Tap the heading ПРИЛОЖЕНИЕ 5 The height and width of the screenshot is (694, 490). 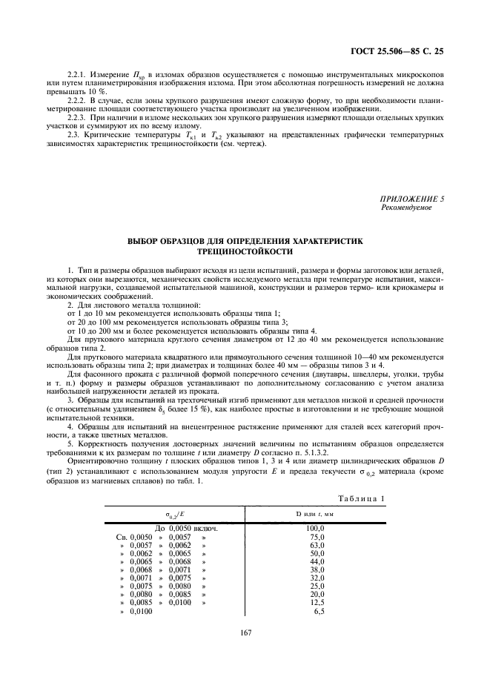pos(407,199)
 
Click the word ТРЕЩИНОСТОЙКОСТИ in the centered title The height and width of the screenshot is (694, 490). pos(245,252)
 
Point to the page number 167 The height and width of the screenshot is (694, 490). pos(245,632)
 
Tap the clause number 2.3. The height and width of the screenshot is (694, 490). pos(75,134)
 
